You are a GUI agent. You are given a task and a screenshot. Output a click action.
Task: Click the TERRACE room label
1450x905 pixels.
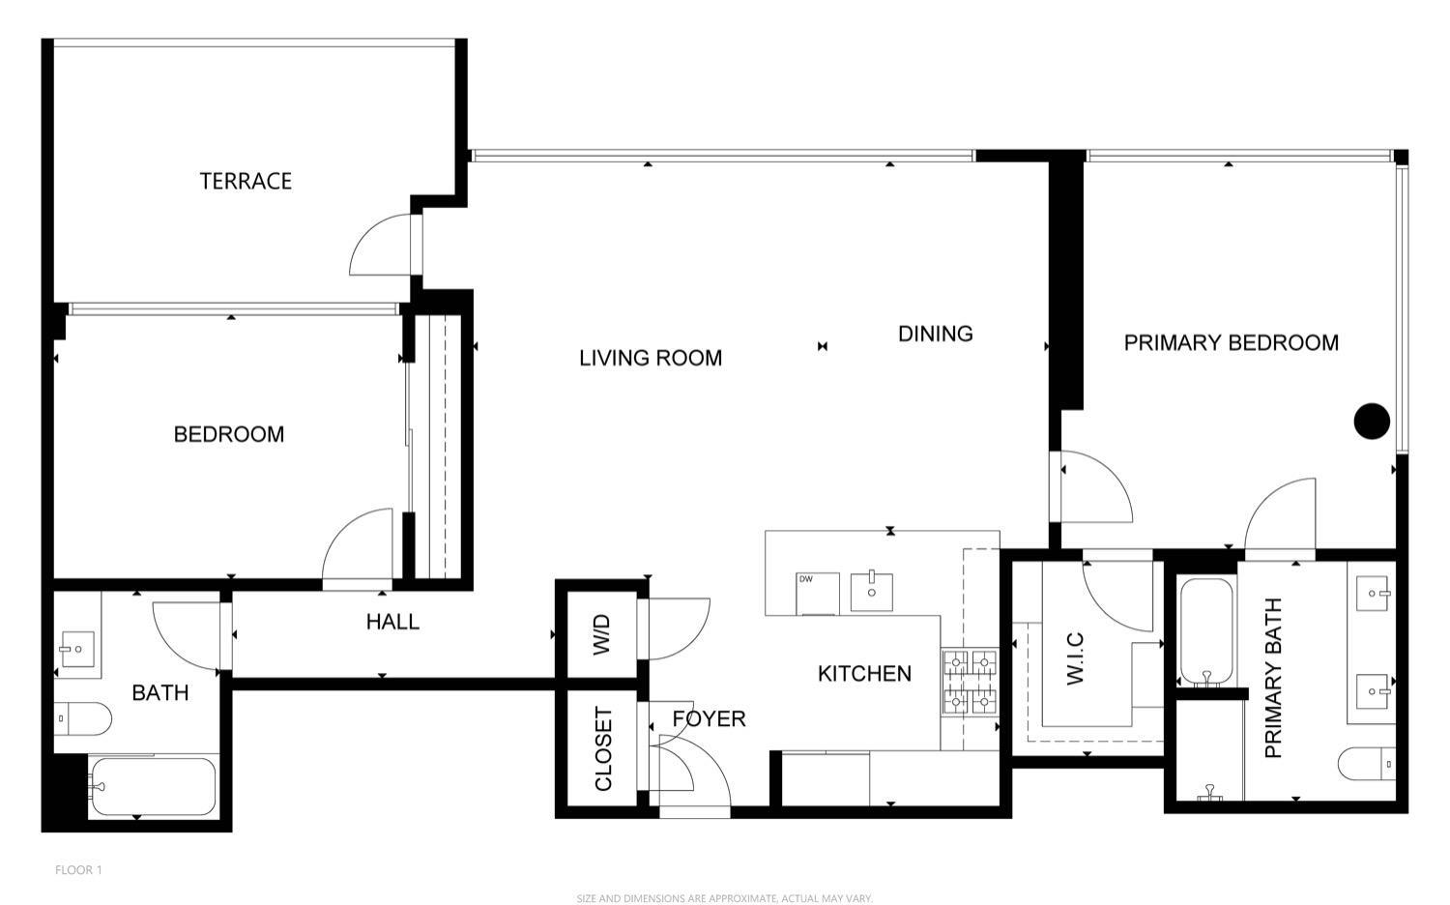[x=246, y=181]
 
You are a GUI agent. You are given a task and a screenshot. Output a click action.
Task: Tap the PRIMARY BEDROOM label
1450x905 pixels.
[x=1231, y=342]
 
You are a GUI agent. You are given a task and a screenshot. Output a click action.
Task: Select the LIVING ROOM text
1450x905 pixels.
[x=651, y=358]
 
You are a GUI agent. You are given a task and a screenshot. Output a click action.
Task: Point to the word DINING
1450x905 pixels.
[x=935, y=334]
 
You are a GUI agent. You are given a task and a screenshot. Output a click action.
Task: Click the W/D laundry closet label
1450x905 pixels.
[x=601, y=635]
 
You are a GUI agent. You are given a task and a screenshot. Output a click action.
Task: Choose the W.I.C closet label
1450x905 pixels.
[x=1075, y=658]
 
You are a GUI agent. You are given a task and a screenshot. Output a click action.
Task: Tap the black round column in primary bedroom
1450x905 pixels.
[x=1371, y=421]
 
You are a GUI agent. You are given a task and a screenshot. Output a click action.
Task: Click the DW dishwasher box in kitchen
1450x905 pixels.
[x=816, y=592]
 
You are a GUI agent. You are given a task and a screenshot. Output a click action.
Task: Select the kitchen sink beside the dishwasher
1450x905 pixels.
[x=871, y=592]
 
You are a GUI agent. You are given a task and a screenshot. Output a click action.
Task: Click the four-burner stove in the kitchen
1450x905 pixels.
[x=969, y=683]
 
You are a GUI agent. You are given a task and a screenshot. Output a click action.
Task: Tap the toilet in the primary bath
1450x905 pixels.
[x=1366, y=764]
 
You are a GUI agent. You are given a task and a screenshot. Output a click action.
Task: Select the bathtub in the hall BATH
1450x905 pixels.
[x=153, y=787]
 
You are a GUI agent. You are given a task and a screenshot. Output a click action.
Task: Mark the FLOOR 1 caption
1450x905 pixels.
[x=78, y=869]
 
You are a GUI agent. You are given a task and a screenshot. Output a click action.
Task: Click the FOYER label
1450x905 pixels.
[x=709, y=718]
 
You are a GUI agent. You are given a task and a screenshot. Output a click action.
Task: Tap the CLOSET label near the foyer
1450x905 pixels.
[x=603, y=748]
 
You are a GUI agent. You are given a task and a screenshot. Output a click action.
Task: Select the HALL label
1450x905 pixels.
[x=392, y=622]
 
